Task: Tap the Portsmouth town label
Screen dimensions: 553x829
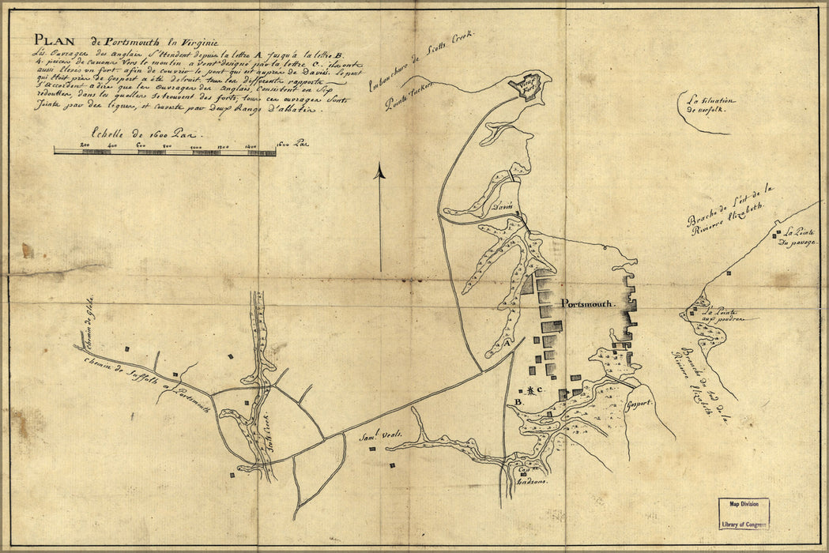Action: pyautogui.click(x=587, y=303)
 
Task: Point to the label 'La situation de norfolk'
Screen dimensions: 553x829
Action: pyautogui.click(x=710, y=105)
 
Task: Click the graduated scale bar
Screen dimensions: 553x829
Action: pyautogui.click(x=164, y=151)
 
